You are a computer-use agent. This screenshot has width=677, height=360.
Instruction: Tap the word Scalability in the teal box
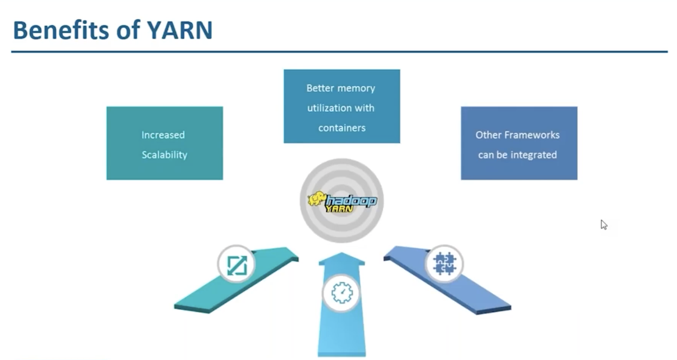164,155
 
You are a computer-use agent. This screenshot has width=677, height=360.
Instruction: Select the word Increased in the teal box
163,135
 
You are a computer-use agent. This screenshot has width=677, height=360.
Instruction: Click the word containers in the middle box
342,128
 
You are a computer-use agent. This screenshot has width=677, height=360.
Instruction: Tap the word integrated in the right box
534,155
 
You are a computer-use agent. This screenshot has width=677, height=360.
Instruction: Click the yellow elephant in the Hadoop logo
316,199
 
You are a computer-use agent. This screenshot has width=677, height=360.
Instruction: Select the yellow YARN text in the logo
339,209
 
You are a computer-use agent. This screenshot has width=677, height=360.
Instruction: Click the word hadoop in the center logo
351,201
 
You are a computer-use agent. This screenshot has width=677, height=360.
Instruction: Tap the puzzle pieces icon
444,264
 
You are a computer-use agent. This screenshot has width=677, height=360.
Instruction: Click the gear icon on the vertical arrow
342,292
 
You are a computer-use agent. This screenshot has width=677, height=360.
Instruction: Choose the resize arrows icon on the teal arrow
237,265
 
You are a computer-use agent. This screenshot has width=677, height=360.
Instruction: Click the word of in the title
128,30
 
